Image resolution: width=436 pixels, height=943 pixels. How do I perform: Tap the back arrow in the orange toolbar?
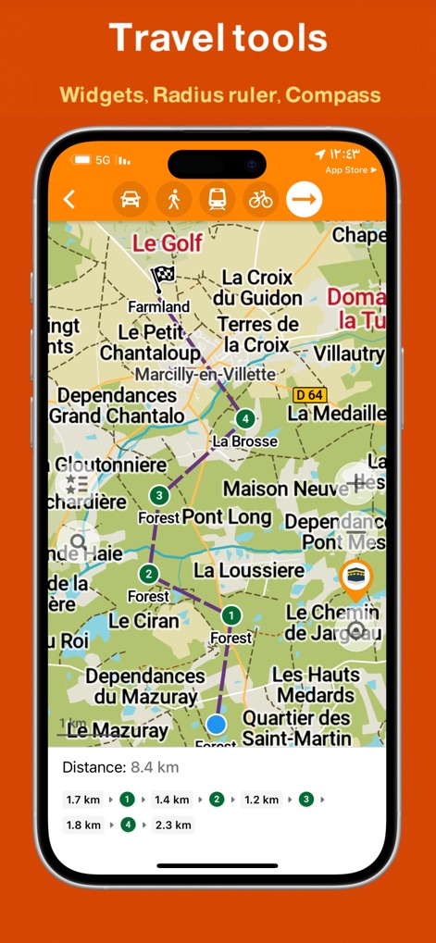[69, 199]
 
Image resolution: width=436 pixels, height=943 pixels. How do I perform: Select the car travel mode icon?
[131, 199]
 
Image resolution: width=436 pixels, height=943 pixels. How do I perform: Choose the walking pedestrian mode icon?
[173, 199]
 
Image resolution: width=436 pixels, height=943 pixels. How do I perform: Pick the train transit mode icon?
[217, 199]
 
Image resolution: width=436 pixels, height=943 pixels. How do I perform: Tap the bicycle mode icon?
[261, 199]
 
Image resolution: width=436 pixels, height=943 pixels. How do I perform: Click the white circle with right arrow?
[304, 199]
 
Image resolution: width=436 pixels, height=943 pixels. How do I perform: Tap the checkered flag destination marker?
[164, 277]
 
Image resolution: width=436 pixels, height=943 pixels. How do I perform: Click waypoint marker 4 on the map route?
[244, 418]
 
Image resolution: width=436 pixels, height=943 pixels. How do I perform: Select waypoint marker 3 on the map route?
[159, 495]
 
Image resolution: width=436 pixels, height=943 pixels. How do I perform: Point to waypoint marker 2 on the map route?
[148, 574]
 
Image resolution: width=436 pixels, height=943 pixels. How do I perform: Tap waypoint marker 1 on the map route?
[230, 614]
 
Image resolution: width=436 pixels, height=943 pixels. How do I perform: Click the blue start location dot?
[217, 724]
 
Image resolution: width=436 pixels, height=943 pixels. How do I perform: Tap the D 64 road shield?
[310, 395]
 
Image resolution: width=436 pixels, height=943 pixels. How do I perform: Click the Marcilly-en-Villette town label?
[206, 375]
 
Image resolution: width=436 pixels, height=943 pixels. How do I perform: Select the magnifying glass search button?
[78, 542]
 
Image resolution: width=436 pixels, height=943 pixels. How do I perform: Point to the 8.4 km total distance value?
[155, 767]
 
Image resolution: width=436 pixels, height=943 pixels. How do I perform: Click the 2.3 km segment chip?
[173, 825]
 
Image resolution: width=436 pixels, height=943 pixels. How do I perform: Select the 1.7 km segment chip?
[83, 800]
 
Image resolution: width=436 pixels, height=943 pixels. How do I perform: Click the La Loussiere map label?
[248, 570]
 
